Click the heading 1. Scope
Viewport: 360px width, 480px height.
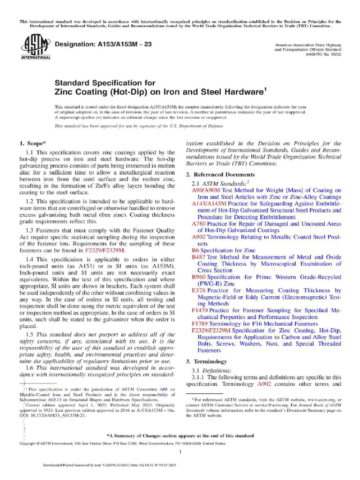tap(32, 142)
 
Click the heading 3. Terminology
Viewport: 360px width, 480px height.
tap(200, 361)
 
